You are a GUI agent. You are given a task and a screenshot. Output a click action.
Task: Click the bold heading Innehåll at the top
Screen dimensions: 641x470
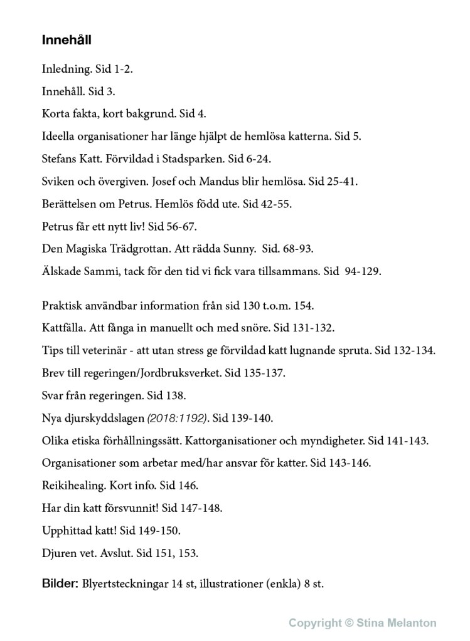point(67,40)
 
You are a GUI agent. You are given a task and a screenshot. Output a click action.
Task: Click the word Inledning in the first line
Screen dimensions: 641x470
point(61,70)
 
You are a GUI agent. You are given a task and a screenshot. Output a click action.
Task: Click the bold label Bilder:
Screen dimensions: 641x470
point(60,584)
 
